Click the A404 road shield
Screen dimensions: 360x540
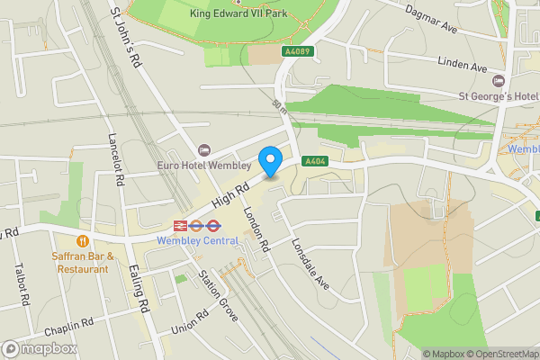click(x=314, y=161)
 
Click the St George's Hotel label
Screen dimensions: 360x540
click(x=498, y=95)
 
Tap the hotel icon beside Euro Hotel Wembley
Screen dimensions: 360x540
click(x=203, y=149)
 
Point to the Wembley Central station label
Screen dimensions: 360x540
click(x=197, y=240)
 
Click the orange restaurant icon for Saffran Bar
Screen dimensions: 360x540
click(x=83, y=240)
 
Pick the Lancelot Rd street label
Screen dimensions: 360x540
click(x=115, y=154)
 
